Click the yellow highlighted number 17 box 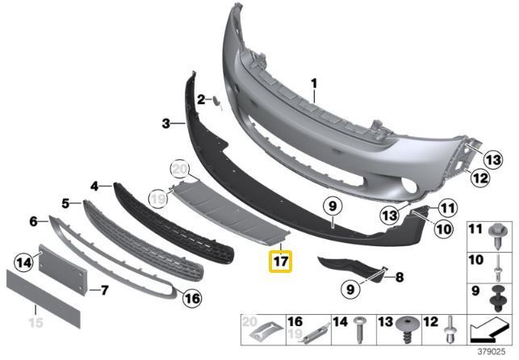click(x=280, y=261)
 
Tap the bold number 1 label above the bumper click(x=314, y=83)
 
